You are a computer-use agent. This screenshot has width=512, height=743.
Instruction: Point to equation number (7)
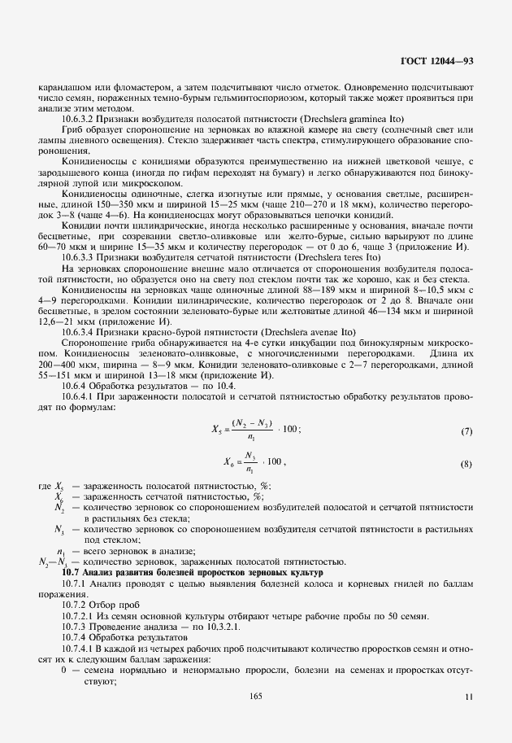(x=466, y=431)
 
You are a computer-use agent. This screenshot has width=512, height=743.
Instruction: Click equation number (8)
(x=466, y=464)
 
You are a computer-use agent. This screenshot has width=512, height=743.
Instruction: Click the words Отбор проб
(x=118, y=605)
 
